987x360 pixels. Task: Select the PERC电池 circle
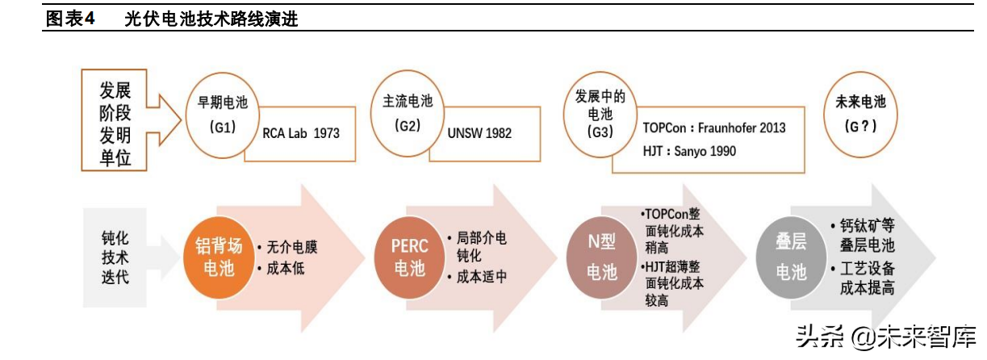tap(410, 257)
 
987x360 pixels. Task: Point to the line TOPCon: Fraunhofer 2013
tap(713, 128)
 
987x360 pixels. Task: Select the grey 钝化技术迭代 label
tap(115, 257)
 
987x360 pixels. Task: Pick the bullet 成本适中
tap(482, 277)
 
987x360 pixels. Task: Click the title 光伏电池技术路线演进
tap(211, 19)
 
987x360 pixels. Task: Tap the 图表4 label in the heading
tap(71, 19)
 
